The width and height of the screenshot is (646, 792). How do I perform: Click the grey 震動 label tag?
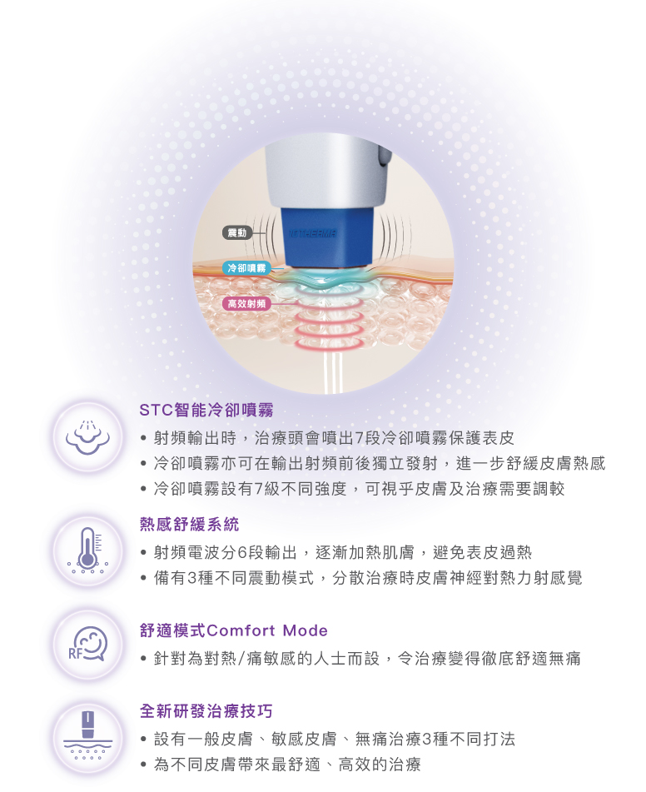click(x=237, y=233)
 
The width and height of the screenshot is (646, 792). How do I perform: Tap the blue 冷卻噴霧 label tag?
click(x=246, y=268)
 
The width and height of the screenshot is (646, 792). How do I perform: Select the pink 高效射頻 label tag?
click(x=246, y=304)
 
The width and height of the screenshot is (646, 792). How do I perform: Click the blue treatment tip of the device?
click(x=328, y=237)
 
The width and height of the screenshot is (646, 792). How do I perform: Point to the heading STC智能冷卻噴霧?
click(x=206, y=410)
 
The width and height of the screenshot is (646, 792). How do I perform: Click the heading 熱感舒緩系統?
click(x=190, y=525)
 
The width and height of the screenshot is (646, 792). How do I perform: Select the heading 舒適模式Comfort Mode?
click(x=233, y=630)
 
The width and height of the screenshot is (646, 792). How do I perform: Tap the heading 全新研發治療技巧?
click(x=206, y=711)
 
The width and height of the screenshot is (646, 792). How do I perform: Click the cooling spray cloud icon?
click(x=88, y=437)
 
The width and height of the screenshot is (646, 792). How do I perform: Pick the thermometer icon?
click(x=88, y=550)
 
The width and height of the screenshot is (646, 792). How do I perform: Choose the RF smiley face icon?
click(x=88, y=645)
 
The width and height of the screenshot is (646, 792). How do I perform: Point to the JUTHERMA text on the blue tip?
click(x=312, y=234)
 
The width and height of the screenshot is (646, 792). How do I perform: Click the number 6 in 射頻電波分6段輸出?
click(x=242, y=553)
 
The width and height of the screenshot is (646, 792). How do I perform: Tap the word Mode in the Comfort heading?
click(x=305, y=630)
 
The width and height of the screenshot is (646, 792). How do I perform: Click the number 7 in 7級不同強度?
click(x=258, y=489)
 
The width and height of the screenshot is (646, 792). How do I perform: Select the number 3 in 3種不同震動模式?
click(x=192, y=578)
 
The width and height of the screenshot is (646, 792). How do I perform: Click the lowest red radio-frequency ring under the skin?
click(x=329, y=343)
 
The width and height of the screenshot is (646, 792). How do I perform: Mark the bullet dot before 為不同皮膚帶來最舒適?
click(x=144, y=765)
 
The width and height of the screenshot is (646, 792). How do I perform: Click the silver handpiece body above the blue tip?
click(x=323, y=172)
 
